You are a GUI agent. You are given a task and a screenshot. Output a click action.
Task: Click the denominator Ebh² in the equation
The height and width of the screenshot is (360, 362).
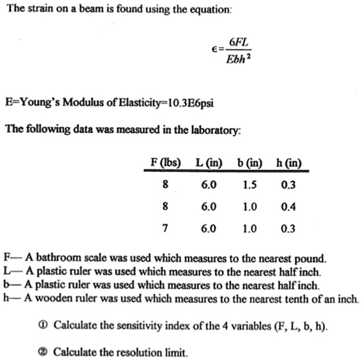click(x=240, y=61)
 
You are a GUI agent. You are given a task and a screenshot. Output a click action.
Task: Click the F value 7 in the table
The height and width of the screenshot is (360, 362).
click(x=166, y=229)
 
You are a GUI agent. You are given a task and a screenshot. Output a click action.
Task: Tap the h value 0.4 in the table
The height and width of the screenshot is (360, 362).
click(x=288, y=207)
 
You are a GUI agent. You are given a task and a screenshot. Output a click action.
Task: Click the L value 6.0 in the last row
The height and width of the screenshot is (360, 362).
click(x=209, y=229)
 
